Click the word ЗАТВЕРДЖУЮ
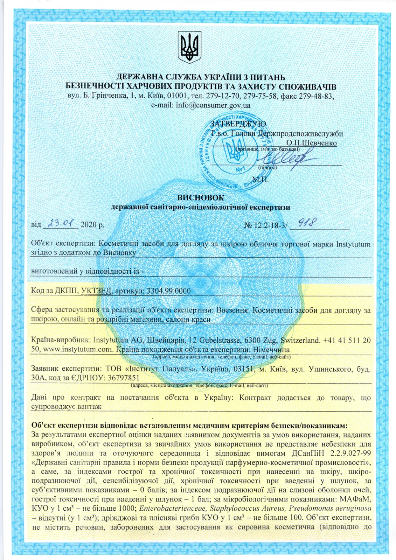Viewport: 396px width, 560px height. coord(238,124)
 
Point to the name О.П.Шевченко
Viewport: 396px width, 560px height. coord(311,143)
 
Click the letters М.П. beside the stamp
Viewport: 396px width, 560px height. coord(260,180)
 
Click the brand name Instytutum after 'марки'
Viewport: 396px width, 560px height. coord(353,244)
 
